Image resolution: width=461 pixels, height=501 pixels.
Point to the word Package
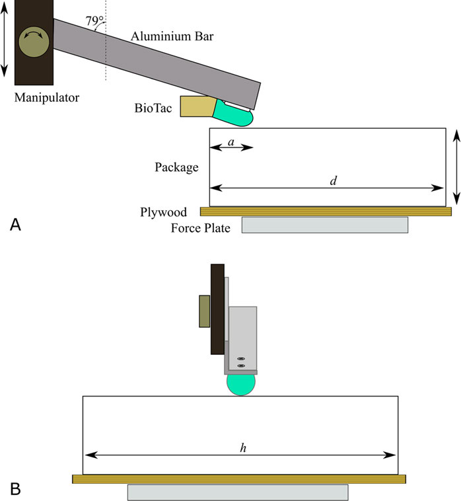pyautogui.click(x=177, y=167)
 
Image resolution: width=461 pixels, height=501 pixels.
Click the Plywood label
pyautogui.click(x=163, y=212)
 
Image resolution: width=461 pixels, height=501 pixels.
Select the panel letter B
pyautogui.click(x=16, y=488)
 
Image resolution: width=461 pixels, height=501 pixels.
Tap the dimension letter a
pyautogui.click(x=230, y=142)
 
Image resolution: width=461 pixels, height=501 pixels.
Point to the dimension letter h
pyautogui.click(x=243, y=447)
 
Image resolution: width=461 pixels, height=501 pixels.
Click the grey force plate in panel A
pyautogui.click(x=324, y=225)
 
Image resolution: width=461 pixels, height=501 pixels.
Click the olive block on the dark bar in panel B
pyautogui.click(x=205, y=311)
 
